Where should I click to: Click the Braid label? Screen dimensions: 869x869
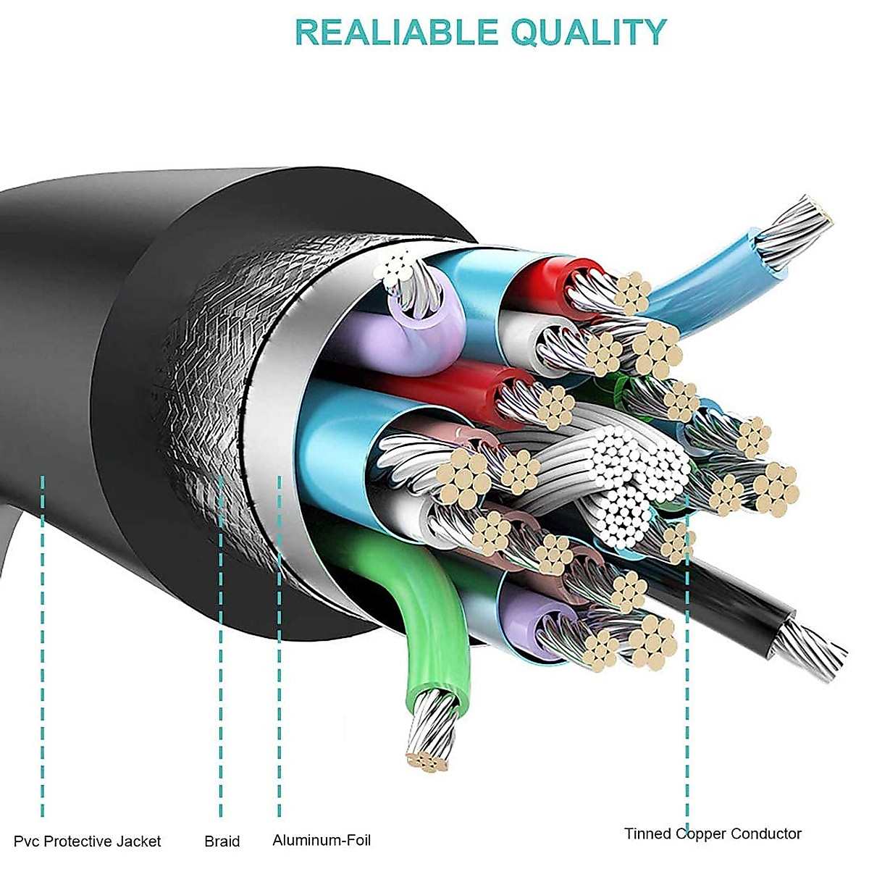click(222, 841)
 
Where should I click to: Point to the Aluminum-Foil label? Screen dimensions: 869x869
click(322, 841)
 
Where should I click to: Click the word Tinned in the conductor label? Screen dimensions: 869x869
click(647, 834)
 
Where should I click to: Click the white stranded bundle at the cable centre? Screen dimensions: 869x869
click(623, 474)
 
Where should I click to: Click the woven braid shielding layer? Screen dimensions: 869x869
click(203, 377)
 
